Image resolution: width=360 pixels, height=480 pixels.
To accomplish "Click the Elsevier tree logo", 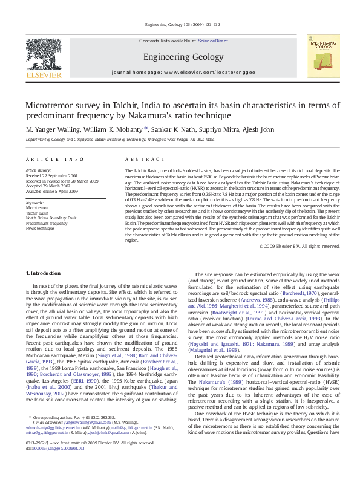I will [44, 58].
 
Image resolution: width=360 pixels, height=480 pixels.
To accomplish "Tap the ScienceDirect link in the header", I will [213, 41].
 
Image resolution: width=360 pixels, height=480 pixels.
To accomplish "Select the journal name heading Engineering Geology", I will [180, 57].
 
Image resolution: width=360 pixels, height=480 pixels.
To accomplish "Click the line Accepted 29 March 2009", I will [47, 186].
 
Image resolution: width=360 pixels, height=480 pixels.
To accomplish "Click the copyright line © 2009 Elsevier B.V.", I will [299, 246].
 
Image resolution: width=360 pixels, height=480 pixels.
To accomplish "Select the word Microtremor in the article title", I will [51, 105].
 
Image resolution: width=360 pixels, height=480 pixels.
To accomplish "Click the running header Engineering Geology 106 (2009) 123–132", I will [180, 25].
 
